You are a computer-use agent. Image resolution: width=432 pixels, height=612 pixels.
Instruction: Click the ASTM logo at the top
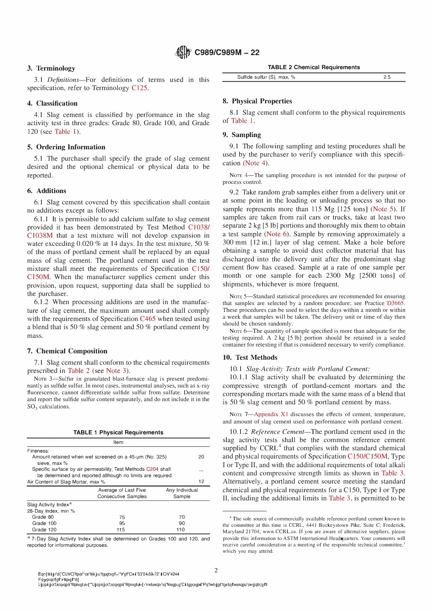(x=183, y=52)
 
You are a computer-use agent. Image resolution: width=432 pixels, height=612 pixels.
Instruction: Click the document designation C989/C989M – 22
(x=226, y=52)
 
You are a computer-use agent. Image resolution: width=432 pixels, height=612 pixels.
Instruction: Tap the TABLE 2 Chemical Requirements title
(x=314, y=67)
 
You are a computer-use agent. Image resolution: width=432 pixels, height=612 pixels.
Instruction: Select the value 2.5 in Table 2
(x=387, y=77)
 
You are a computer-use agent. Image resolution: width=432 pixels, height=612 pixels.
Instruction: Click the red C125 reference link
(x=139, y=88)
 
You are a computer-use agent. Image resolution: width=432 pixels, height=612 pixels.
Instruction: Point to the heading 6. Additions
(x=46, y=191)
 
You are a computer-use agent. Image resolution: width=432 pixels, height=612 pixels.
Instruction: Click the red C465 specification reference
(x=147, y=319)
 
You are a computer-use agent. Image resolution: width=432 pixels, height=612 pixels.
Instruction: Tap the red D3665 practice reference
(x=395, y=303)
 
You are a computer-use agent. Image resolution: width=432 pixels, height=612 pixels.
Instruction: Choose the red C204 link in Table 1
(x=152, y=469)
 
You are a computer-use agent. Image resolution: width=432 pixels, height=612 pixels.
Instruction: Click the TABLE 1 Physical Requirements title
(x=118, y=433)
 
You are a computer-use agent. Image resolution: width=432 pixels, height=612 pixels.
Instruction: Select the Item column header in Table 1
(x=118, y=443)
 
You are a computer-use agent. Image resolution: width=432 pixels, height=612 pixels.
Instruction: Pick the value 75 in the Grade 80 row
(x=122, y=517)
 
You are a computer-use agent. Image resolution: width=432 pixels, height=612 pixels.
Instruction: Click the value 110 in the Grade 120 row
(x=181, y=530)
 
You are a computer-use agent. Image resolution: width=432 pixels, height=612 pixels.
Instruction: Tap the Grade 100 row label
(x=44, y=524)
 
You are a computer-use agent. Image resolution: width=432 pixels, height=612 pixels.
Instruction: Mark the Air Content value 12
(x=201, y=481)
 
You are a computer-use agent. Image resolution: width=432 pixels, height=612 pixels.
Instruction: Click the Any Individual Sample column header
(x=182, y=493)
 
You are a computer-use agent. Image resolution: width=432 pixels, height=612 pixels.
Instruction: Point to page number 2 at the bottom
(x=216, y=570)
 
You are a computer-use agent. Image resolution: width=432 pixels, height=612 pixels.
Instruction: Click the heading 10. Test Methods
(x=250, y=357)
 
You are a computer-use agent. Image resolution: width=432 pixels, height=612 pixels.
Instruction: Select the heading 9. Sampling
(x=241, y=135)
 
